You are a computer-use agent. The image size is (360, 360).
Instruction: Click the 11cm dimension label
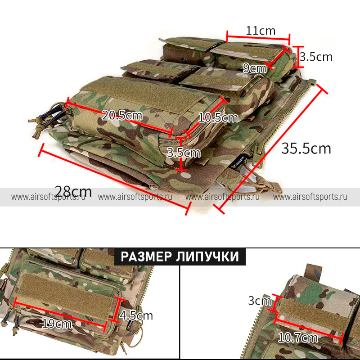pyautogui.click(x=261, y=31)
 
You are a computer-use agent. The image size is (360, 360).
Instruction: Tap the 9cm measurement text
pyautogui.click(x=254, y=68)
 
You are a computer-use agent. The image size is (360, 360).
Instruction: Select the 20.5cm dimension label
pyautogui.click(x=122, y=115)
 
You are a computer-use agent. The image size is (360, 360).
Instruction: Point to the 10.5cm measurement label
pyautogui.click(x=218, y=118)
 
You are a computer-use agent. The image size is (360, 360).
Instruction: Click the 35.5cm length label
pyautogui.click(x=306, y=148)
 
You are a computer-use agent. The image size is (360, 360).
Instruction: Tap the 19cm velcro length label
pyautogui.click(x=57, y=324)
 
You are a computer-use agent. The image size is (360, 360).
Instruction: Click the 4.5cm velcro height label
pyautogui.click(x=136, y=316)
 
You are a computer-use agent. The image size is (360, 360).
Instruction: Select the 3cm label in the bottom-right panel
pyautogui.click(x=260, y=301)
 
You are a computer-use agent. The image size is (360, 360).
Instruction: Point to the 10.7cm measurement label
pyautogui.click(x=298, y=337)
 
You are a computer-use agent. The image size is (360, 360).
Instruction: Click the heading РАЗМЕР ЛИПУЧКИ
pyautogui.click(x=180, y=256)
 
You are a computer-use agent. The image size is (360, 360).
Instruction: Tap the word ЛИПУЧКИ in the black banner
pyautogui.click(x=208, y=256)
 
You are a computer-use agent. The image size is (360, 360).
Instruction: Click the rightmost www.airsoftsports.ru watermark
pyautogui.click(x=310, y=197)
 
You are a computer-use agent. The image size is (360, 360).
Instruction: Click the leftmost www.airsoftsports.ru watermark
pyautogui.click(x=48, y=197)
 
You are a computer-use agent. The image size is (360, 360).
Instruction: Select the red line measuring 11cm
pyautogui.click(x=258, y=37)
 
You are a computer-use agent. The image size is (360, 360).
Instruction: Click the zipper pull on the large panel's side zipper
pyautogui.click(x=257, y=153)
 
